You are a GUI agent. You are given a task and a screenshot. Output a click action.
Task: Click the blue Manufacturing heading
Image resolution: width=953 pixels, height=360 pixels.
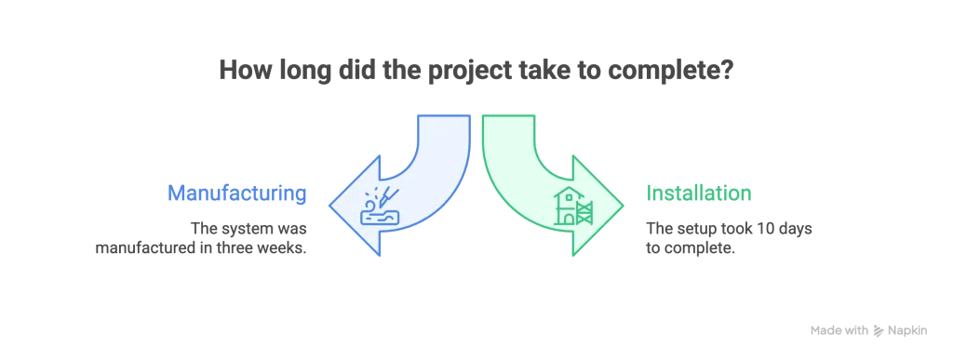pyautogui.click(x=236, y=194)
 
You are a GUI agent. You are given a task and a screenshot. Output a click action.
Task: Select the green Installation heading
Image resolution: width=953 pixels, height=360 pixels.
pyautogui.click(x=699, y=194)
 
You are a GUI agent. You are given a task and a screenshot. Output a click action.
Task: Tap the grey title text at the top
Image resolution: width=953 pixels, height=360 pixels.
pyautogui.click(x=476, y=70)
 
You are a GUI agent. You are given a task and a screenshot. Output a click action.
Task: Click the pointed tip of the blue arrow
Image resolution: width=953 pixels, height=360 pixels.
pyautogui.click(x=332, y=206)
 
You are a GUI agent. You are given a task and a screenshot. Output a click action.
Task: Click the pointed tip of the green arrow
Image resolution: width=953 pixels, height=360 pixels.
pyautogui.click(x=621, y=206)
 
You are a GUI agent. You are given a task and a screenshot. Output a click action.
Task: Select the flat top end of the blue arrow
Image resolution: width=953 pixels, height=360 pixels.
pyautogui.click(x=442, y=115)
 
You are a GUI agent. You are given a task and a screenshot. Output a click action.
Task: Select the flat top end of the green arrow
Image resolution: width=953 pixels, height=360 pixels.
pyautogui.click(x=509, y=115)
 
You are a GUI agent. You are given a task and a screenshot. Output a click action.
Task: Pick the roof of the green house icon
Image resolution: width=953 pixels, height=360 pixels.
pyautogui.click(x=566, y=193)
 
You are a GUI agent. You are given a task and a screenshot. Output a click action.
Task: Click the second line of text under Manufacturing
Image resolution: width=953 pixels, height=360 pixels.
pyautogui.click(x=200, y=248)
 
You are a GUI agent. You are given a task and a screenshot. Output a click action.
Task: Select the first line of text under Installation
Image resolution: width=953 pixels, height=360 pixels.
pyautogui.click(x=731, y=226)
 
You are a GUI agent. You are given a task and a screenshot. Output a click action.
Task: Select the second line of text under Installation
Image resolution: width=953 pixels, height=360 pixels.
pyautogui.click(x=689, y=248)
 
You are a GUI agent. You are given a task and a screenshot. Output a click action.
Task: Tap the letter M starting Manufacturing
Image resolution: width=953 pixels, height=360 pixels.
pyautogui.click(x=175, y=194)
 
